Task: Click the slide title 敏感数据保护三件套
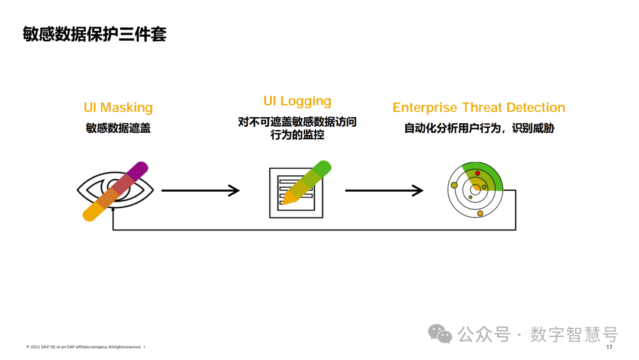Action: (x=95, y=34)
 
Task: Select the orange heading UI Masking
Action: (x=118, y=108)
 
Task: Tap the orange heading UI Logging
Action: (x=297, y=101)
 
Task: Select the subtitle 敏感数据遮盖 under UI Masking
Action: (x=118, y=128)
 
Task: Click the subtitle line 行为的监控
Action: (x=297, y=135)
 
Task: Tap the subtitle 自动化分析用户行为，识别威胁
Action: (x=479, y=128)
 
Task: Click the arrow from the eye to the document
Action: (x=200, y=191)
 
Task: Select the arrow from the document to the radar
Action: (x=384, y=191)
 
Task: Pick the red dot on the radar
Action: (x=477, y=173)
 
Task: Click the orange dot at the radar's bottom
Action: (x=480, y=213)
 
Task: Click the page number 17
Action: (x=609, y=347)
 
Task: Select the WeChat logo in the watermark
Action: (x=440, y=333)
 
